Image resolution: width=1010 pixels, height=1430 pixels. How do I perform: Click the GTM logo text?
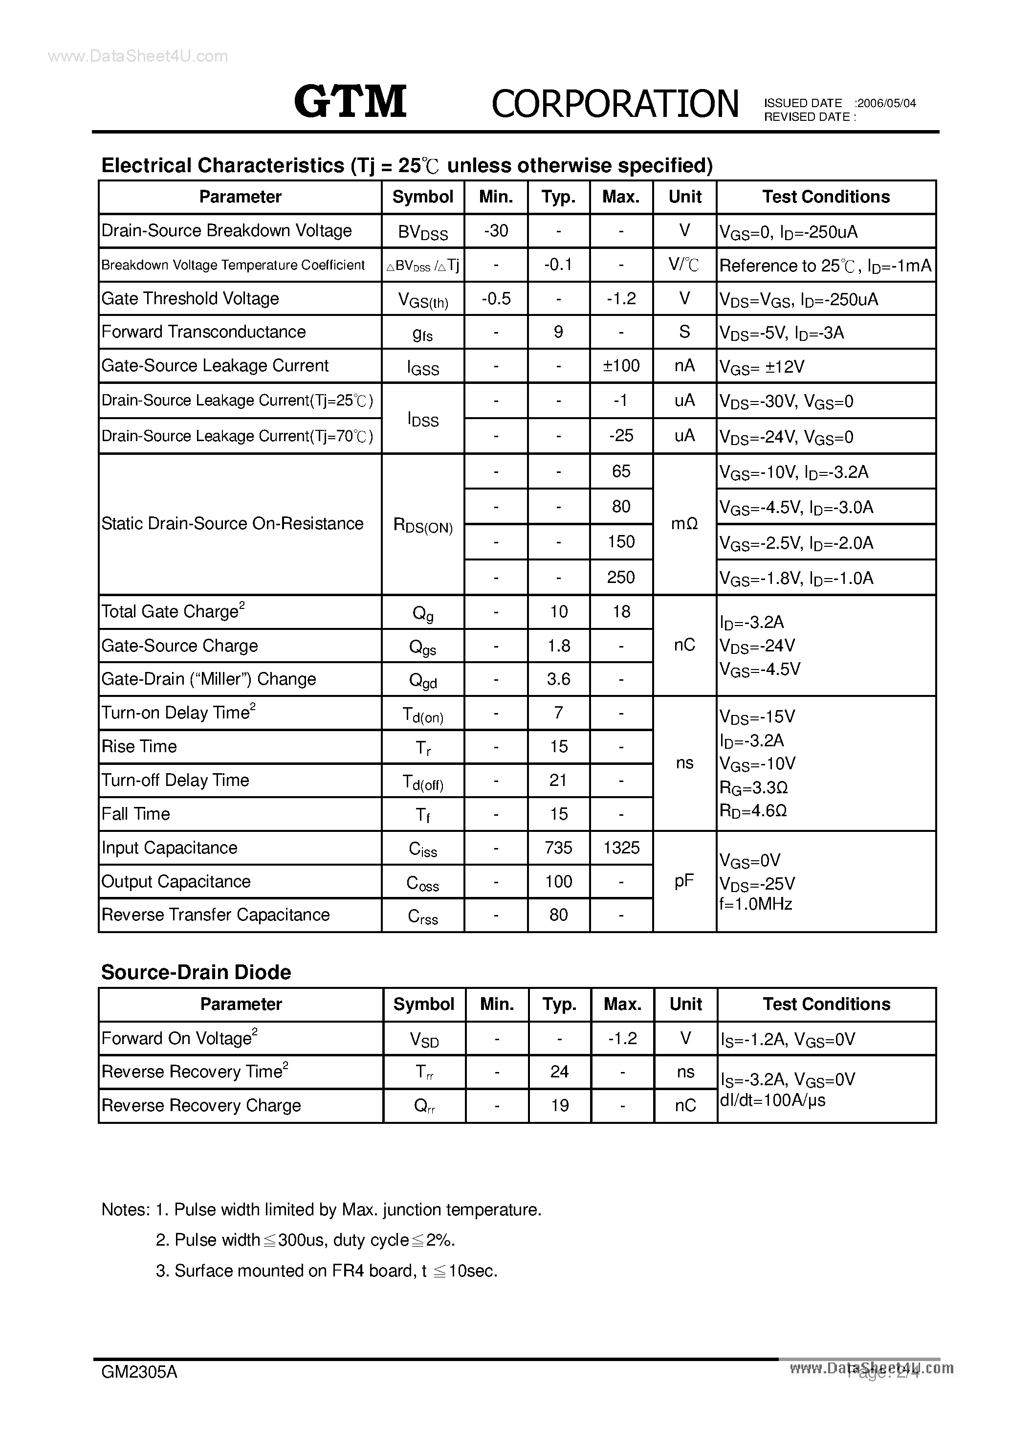[x=350, y=102]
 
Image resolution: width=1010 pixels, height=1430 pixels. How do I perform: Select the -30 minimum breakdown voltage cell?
[x=496, y=231]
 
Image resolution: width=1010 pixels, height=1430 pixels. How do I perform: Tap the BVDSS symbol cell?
[x=423, y=232]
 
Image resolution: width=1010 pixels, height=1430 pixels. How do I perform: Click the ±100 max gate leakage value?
[x=621, y=366]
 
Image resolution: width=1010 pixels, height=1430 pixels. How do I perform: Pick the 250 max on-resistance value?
[x=621, y=578]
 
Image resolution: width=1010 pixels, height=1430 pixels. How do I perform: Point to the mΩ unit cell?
[x=684, y=524]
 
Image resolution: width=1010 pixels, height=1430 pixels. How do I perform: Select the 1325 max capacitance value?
[x=621, y=848]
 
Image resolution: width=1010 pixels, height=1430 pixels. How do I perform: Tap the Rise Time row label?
[x=139, y=747]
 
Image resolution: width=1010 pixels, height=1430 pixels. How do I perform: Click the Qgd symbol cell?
[x=423, y=680]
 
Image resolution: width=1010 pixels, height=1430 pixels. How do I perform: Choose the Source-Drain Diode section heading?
[x=196, y=973]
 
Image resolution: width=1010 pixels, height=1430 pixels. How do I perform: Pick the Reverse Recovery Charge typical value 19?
[x=559, y=1105]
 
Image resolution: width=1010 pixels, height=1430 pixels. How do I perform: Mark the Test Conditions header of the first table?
[x=826, y=197]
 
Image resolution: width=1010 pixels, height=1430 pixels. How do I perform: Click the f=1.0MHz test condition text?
[x=755, y=904]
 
